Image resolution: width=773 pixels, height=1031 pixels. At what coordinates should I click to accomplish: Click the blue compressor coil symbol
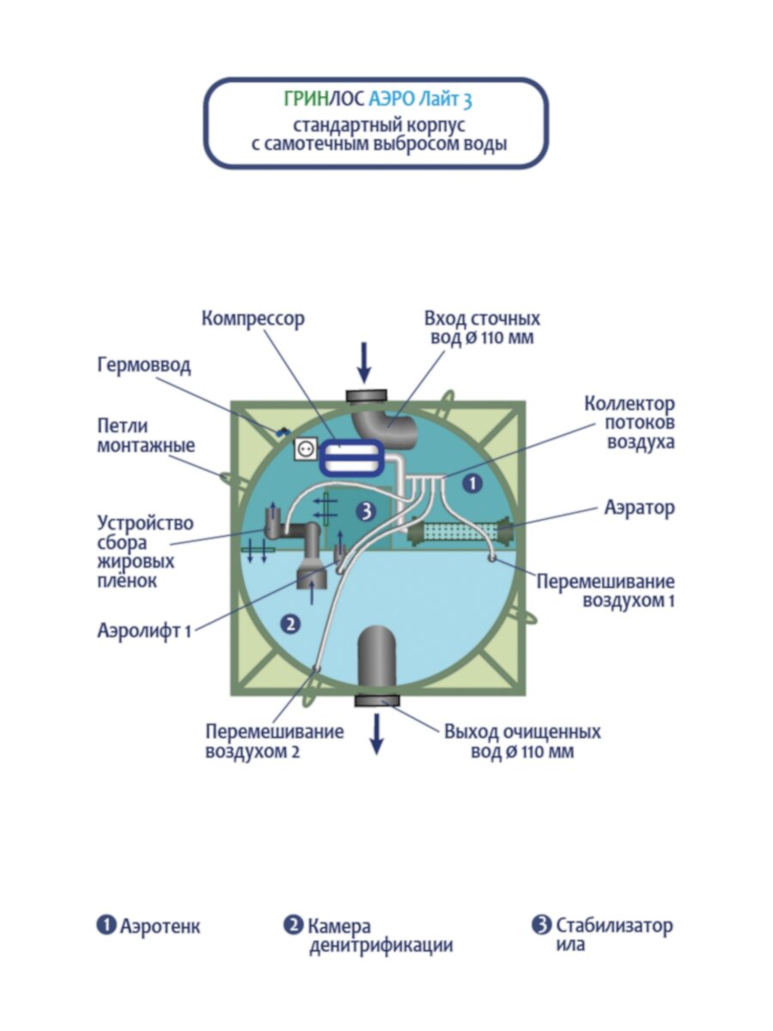point(350,456)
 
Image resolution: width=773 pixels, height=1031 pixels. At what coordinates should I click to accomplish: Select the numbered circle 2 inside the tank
point(291,625)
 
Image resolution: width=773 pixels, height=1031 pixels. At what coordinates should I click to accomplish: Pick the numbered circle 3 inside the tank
point(366,511)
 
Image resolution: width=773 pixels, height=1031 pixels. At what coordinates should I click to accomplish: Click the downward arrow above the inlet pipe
point(365,363)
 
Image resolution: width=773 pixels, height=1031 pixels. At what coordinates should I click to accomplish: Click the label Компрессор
point(253,319)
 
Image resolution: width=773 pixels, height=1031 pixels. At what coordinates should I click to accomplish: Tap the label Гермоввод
point(143,365)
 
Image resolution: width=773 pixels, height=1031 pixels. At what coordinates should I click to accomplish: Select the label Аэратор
point(639,508)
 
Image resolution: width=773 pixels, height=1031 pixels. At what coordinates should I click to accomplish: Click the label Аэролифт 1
point(143,631)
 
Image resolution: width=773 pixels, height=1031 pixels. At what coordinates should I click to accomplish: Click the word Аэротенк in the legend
point(161,927)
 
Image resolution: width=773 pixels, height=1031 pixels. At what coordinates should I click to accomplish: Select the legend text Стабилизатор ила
point(613,935)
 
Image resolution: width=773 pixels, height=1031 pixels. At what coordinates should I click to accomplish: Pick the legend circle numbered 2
point(293,925)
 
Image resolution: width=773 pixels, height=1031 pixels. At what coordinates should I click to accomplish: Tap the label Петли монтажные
point(146,436)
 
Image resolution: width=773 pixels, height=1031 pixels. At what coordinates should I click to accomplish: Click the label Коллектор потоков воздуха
point(629,424)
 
